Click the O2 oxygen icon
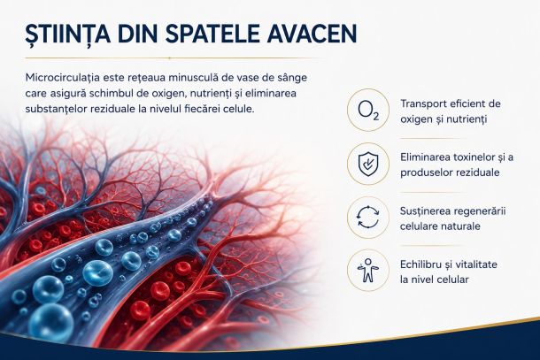pyautogui.click(x=368, y=110)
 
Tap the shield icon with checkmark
pyautogui.click(x=368, y=164)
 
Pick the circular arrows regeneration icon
pyautogui.click(x=368, y=218)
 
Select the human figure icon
pyautogui.click(x=368, y=271)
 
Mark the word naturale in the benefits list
pyautogui.click(x=459, y=226)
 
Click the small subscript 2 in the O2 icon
pyautogui.click(x=375, y=117)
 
